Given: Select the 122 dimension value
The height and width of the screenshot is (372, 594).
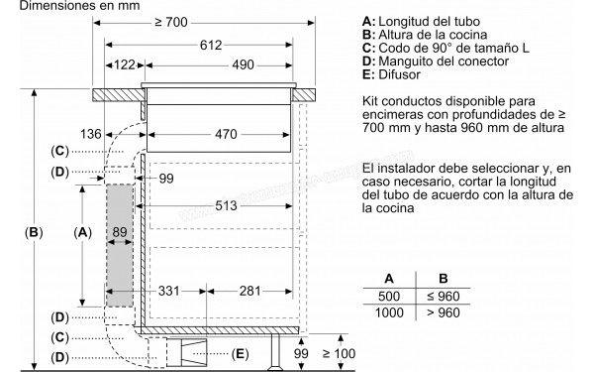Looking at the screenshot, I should click(x=124, y=66).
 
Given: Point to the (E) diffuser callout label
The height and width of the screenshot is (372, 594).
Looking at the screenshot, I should click(x=239, y=353).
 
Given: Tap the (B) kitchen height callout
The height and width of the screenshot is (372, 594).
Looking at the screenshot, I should click(x=35, y=233).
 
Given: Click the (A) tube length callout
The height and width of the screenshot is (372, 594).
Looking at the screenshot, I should click(x=83, y=233).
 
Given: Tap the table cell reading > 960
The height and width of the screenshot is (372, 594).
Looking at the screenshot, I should click(x=444, y=312).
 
